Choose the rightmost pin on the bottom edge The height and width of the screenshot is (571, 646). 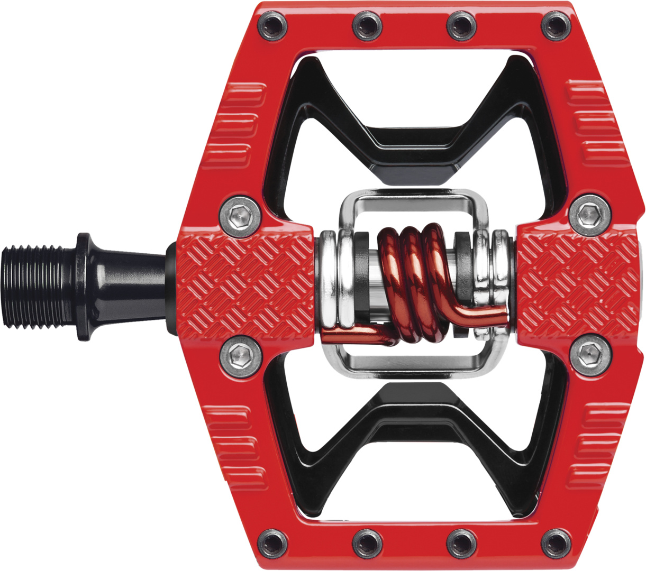555,542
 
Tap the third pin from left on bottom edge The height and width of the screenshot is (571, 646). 461,542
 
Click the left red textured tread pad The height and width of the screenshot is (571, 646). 244,285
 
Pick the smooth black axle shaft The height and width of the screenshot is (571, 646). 132,286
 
